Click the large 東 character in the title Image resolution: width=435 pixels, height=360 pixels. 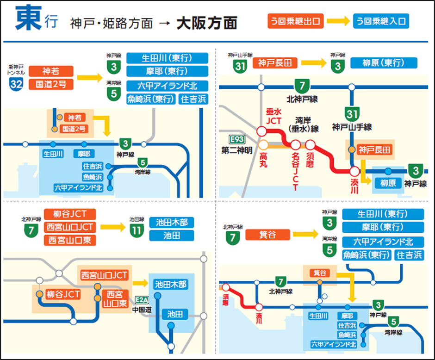coord(29,20)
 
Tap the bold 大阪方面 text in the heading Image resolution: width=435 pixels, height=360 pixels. coord(206,23)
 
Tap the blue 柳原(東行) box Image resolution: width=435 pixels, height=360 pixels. coord(384,63)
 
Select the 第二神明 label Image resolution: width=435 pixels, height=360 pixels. coord(236,149)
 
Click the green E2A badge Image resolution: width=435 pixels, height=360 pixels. coord(141,300)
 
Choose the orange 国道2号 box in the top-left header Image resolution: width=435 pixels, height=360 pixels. coord(51,84)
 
